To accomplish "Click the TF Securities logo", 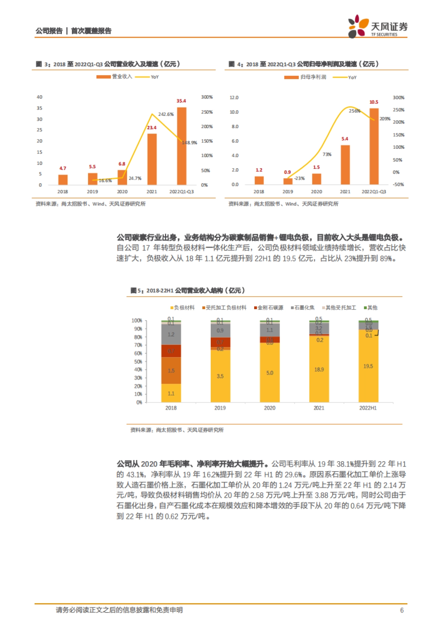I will pos(378,27).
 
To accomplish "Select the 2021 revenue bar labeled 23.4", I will pos(152,159).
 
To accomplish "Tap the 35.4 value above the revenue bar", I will pos(181,101).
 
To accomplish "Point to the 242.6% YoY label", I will pos(166,114).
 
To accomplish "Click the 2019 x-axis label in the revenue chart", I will pos(92,191).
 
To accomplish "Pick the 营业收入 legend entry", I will pos(115,77).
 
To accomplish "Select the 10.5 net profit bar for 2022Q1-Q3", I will pos(374,146).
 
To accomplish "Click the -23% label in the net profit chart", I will pos(299,178).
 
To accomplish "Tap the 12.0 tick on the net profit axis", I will pos(234,98).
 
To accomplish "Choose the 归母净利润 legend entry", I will pos(305,77).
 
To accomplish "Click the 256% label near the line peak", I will pos(354,111).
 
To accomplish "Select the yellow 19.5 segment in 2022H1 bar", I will pos(368,366).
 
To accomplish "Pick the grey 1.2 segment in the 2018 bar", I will pos(171,334).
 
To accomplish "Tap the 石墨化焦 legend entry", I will pos(303,307).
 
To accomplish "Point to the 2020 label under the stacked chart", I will pos(270,408).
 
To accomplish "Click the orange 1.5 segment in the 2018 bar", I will pos(171,371).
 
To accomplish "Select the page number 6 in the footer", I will pos(402,610).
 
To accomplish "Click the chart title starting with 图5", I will pos(188,290).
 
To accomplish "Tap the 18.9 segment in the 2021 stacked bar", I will pos(319,369).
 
